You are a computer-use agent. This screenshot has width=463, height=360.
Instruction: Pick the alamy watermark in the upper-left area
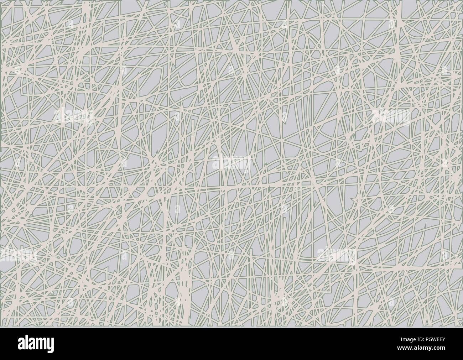73,116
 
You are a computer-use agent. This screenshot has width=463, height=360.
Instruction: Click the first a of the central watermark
216,163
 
